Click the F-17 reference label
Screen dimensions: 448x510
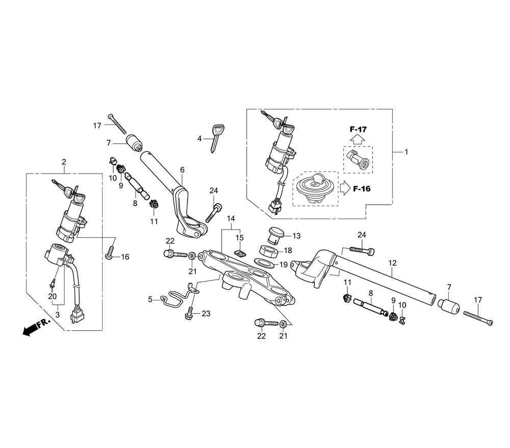(x=359, y=129)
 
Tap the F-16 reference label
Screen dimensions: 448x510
(x=362, y=189)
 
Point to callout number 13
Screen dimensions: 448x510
(x=296, y=236)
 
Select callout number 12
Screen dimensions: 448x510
(x=392, y=263)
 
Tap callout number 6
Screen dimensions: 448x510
(x=182, y=170)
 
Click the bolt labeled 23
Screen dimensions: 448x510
(x=189, y=313)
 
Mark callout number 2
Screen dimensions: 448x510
(x=64, y=162)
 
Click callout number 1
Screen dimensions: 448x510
(x=406, y=152)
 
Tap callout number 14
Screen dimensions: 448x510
(x=232, y=219)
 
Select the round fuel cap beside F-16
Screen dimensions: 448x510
(x=316, y=188)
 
